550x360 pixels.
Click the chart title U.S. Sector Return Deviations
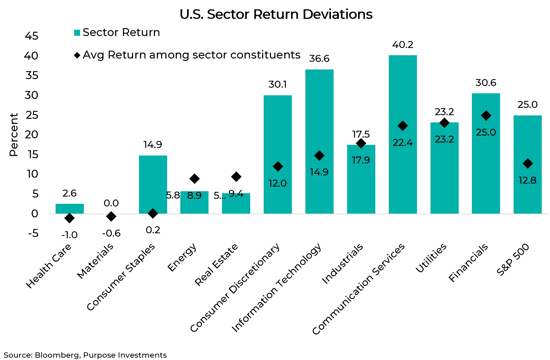(x=276, y=15)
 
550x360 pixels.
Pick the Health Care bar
(x=69, y=209)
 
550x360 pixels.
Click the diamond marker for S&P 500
(x=527, y=163)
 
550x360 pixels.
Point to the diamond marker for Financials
(x=486, y=115)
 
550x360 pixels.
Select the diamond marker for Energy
(x=194, y=179)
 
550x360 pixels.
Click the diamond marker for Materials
(x=111, y=216)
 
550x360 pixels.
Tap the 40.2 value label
(x=402, y=45)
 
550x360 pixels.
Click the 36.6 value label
(x=319, y=59)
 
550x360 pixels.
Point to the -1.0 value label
(x=69, y=235)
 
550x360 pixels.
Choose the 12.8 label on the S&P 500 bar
(x=527, y=180)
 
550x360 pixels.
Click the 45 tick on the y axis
(x=32, y=36)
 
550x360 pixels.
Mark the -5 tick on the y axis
(x=33, y=234)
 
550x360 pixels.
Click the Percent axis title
(x=14, y=135)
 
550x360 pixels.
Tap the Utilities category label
(x=431, y=258)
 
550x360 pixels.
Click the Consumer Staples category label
(x=121, y=277)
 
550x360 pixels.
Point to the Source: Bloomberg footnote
(x=85, y=355)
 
